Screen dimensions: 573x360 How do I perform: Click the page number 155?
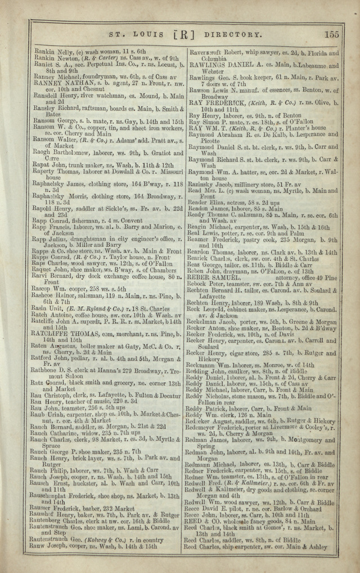[x=331, y=34]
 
